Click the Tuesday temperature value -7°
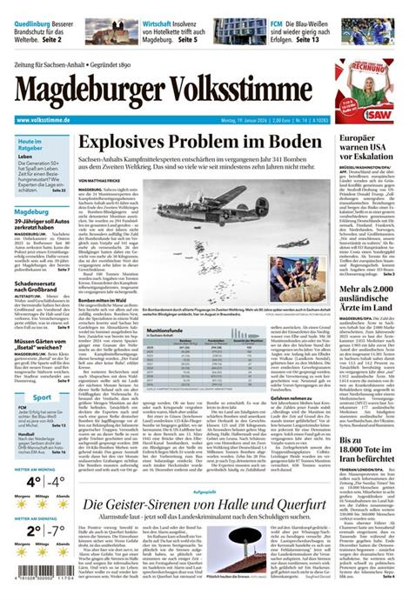pyautogui.click(x=56, y=530)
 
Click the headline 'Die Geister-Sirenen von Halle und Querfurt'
pyautogui.click(x=204, y=505)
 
